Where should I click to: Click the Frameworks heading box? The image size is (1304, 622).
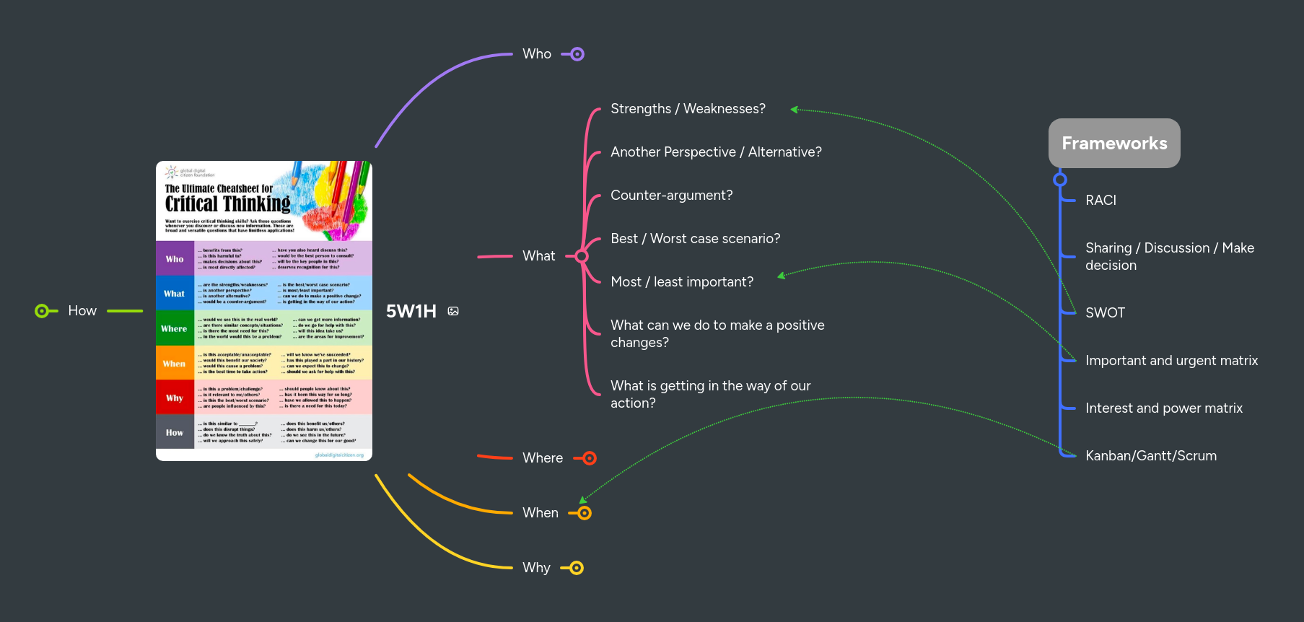tap(1113, 144)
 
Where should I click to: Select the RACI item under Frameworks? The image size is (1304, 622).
tap(1100, 201)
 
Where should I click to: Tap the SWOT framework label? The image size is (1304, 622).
tap(1105, 313)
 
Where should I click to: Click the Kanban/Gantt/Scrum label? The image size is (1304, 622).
tap(1150, 456)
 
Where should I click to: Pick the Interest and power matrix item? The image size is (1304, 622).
tap(1163, 408)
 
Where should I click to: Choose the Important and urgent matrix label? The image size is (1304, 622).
tap(1170, 361)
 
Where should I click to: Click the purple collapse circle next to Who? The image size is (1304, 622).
tap(577, 54)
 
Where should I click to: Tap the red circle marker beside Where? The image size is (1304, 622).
tap(590, 458)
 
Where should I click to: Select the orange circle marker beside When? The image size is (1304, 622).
tap(585, 513)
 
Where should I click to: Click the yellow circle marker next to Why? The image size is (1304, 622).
tap(576, 568)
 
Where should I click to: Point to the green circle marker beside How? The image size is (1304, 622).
tap(42, 311)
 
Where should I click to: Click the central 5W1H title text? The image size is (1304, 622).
tap(411, 311)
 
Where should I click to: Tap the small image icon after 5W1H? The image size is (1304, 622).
tap(453, 311)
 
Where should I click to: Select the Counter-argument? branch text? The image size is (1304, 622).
tap(671, 196)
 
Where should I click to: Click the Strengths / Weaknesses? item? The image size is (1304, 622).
tap(687, 109)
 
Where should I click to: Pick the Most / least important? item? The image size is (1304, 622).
tap(681, 282)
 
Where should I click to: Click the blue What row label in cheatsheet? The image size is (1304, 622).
tap(174, 294)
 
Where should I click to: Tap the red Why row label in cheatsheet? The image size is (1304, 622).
tap(174, 398)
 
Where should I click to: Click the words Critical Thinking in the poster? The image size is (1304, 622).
tap(227, 204)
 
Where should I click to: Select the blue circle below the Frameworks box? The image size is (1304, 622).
tap(1059, 180)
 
